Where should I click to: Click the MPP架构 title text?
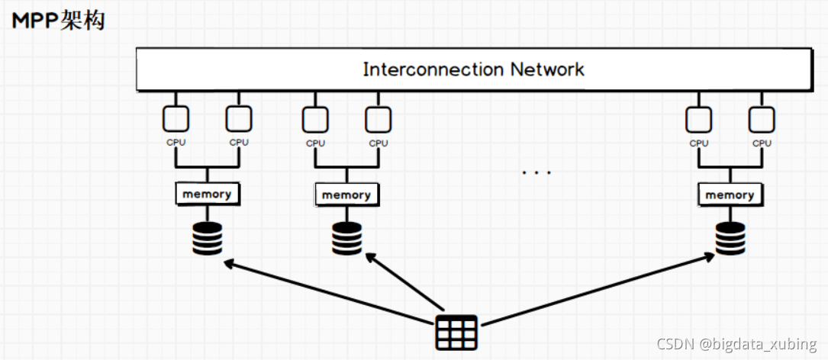[58, 21]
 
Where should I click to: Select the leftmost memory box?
[207, 194]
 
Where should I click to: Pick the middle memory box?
[346, 194]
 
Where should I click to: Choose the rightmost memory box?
[730, 194]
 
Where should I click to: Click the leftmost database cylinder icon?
[207, 238]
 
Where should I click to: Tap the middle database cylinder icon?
[347, 239]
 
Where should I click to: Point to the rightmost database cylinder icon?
[730, 239]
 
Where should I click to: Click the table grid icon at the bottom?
[456, 333]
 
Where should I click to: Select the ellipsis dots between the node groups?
[536, 172]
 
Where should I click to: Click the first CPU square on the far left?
[176, 119]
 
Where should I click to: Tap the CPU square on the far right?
[762, 119]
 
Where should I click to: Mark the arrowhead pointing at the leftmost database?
[229, 263]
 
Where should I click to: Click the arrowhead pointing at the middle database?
[371, 258]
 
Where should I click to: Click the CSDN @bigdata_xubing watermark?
[736, 344]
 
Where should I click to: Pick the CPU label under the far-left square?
[176, 143]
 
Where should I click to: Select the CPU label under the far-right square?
[762, 143]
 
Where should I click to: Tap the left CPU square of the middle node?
[315, 119]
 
